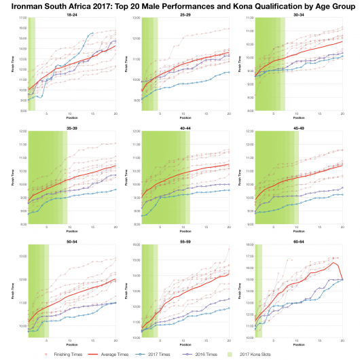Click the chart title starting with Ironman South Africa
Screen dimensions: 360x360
(x=180, y=5)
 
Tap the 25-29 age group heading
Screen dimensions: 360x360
(x=185, y=14)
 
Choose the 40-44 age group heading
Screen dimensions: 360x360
(x=185, y=126)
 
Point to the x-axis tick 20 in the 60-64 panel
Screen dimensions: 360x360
(x=342, y=341)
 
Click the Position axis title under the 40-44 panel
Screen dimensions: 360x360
(x=185, y=232)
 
